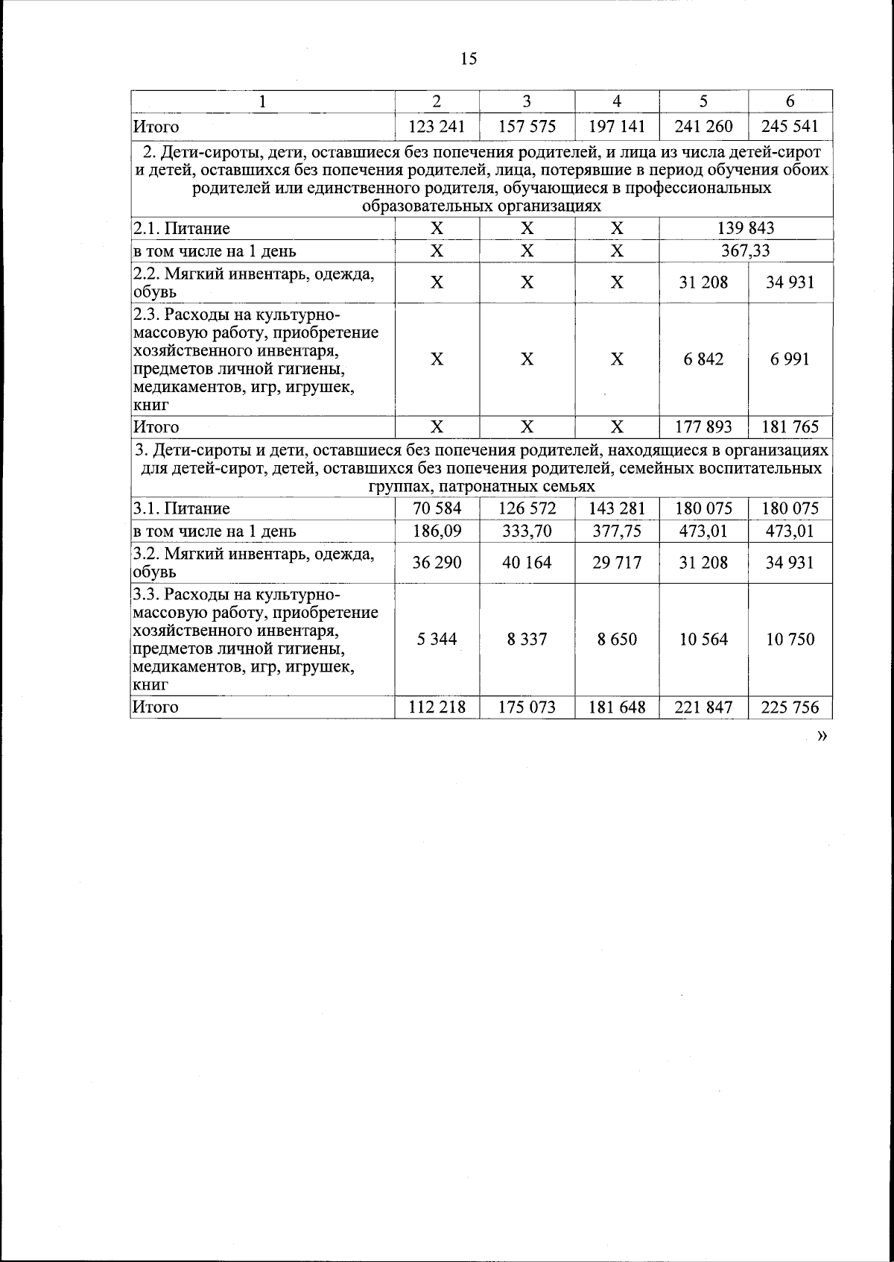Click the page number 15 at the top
(x=468, y=59)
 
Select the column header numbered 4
(x=617, y=101)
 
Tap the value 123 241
(x=437, y=127)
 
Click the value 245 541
(x=790, y=127)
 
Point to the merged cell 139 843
(x=745, y=228)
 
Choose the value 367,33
(x=745, y=251)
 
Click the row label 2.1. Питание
(x=182, y=229)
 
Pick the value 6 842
(x=703, y=359)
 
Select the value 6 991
(x=790, y=359)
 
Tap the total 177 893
(x=703, y=427)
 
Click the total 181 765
(x=790, y=427)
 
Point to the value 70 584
(x=437, y=508)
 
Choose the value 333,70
(x=527, y=531)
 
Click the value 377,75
(x=617, y=531)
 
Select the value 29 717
(x=617, y=563)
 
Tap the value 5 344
(x=437, y=640)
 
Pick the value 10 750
(x=790, y=640)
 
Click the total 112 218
(x=437, y=707)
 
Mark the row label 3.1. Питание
(x=182, y=509)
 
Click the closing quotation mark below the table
(x=822, y=736)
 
